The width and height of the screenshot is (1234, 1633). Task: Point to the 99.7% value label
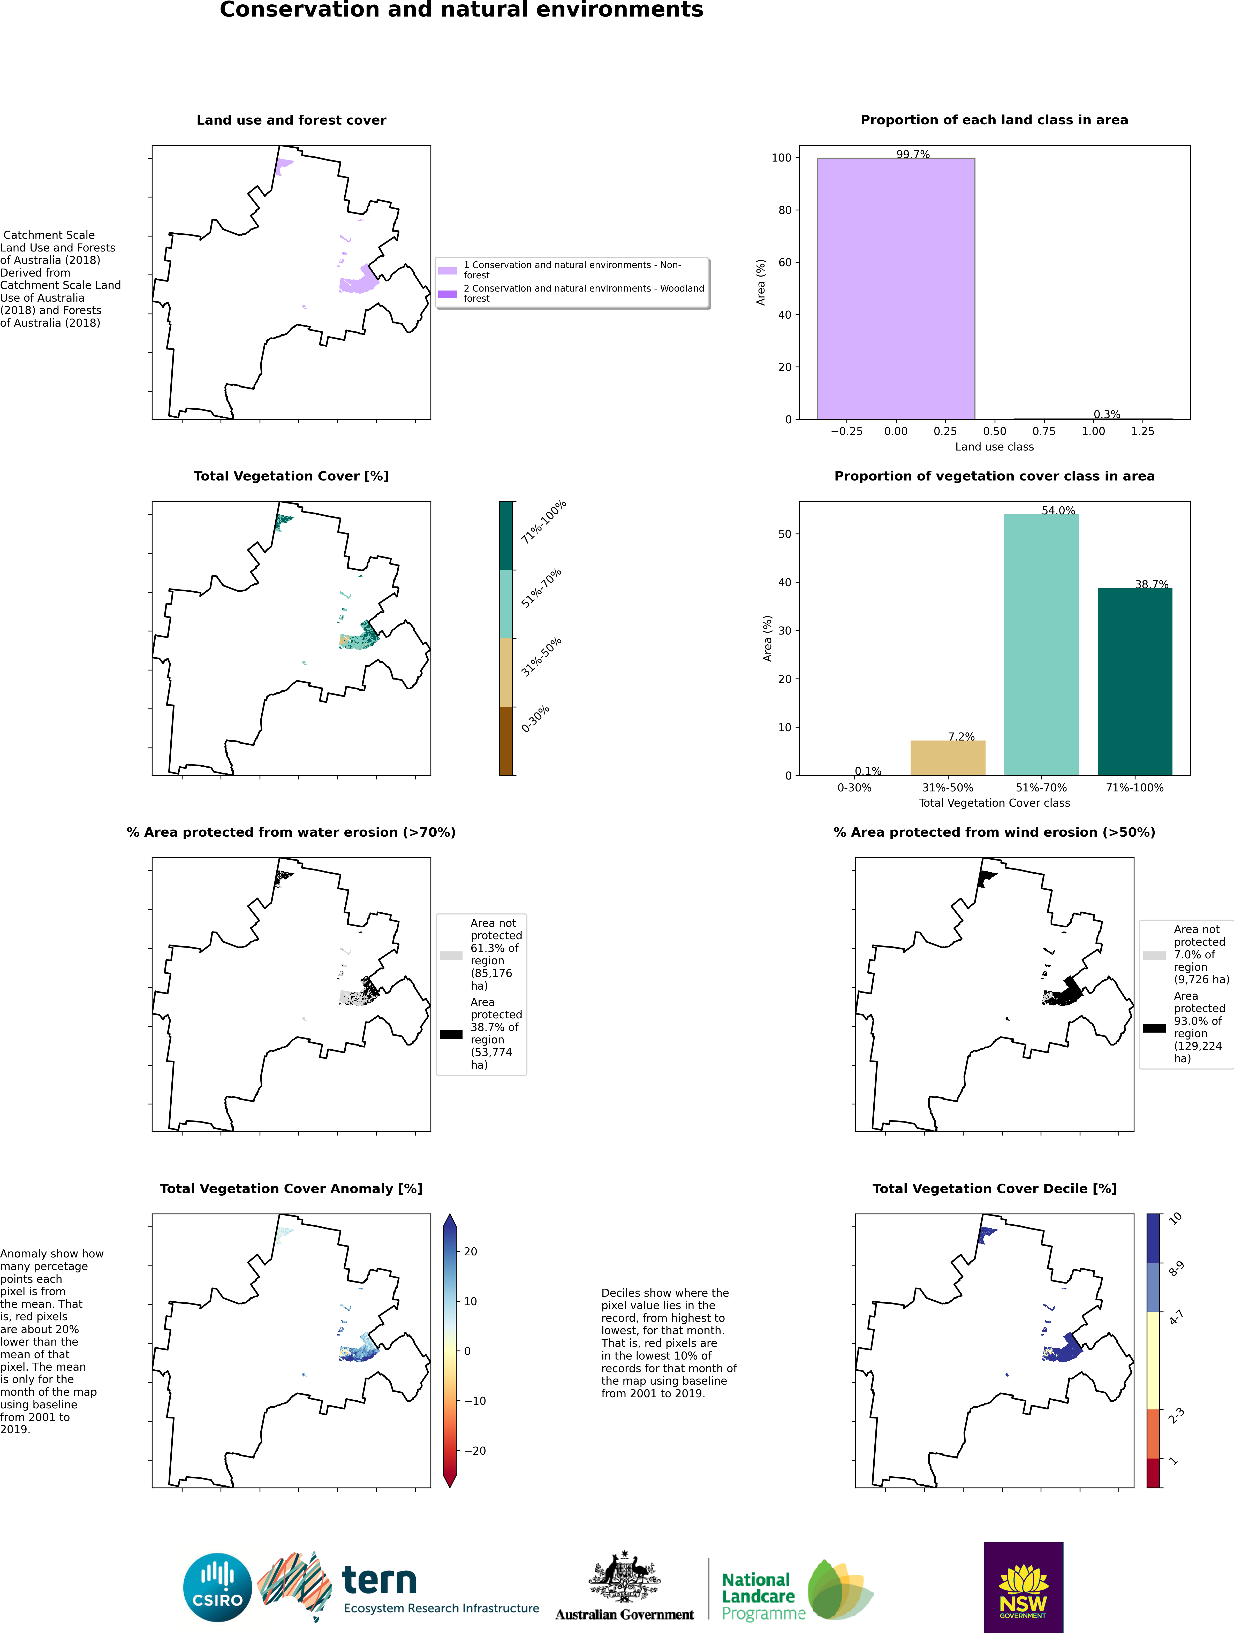(913, 154)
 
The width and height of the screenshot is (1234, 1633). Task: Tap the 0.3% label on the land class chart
(1106, 414)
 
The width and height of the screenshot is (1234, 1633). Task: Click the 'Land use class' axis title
(994, 447)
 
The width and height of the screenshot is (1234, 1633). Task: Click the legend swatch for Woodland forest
(448, 294)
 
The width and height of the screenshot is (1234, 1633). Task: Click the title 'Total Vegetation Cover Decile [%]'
(994, 1189)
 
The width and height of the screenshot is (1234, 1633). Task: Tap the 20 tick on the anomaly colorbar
(471, 1251)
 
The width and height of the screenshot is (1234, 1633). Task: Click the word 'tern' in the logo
(380, 1581)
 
